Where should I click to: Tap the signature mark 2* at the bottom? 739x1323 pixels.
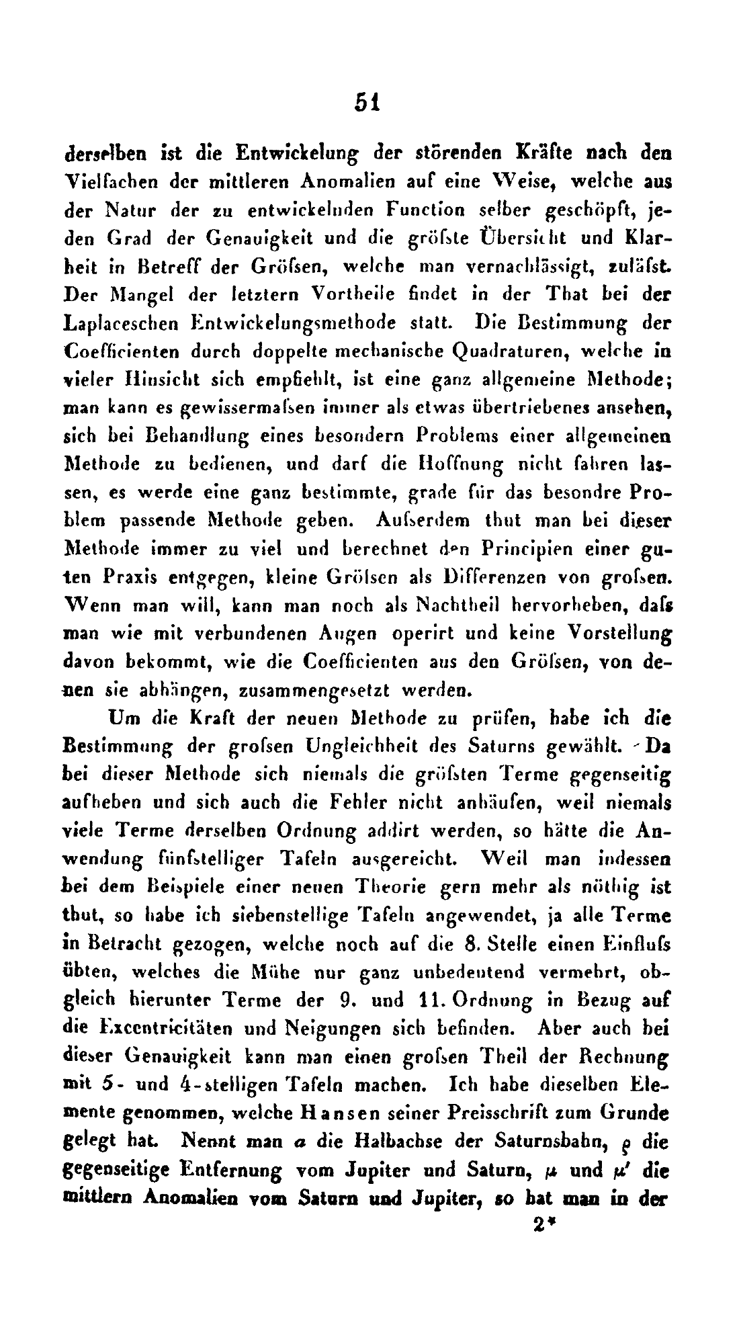(x=541, y=1224)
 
